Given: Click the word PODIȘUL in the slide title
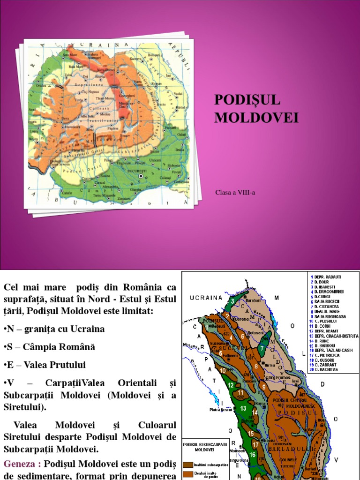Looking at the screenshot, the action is [247, 100].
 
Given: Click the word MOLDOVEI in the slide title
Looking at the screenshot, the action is [256, 117].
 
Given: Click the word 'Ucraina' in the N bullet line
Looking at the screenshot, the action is [87, 329].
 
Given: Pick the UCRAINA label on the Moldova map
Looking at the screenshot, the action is [205, 297].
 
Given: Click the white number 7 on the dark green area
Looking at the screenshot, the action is [262, 349].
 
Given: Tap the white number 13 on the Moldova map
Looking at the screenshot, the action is [243, 408].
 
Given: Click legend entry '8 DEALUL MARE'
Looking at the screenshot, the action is [328, 311].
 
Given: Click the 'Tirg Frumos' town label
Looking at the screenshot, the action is [282, 378].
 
